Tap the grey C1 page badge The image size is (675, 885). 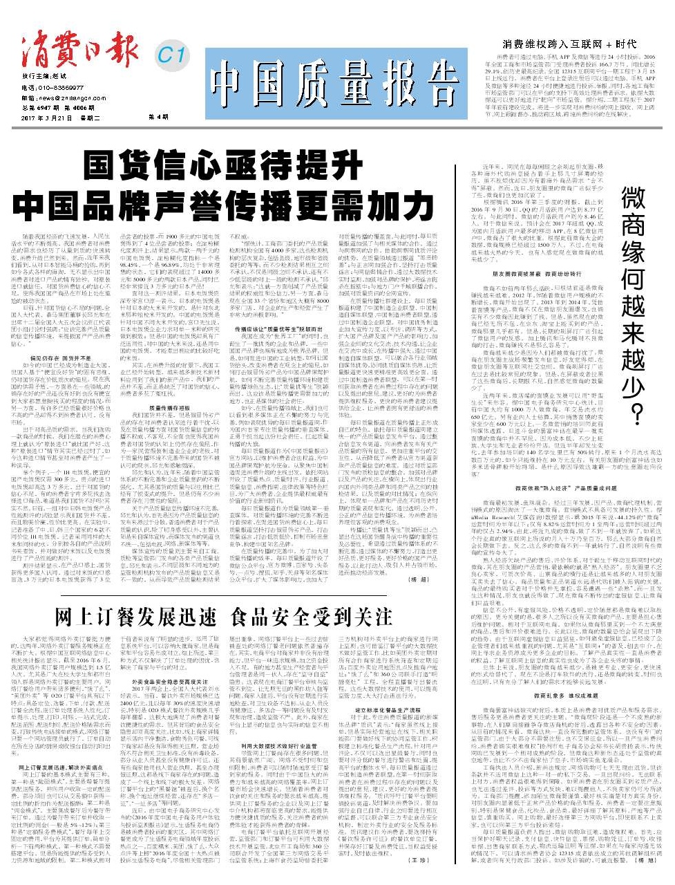pyautogui.click(x=171, y=53)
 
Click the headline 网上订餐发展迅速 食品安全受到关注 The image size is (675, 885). pyautogui.click(x=222, y=615)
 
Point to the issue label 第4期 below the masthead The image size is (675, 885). pyautogui.click(x=159, y=118)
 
